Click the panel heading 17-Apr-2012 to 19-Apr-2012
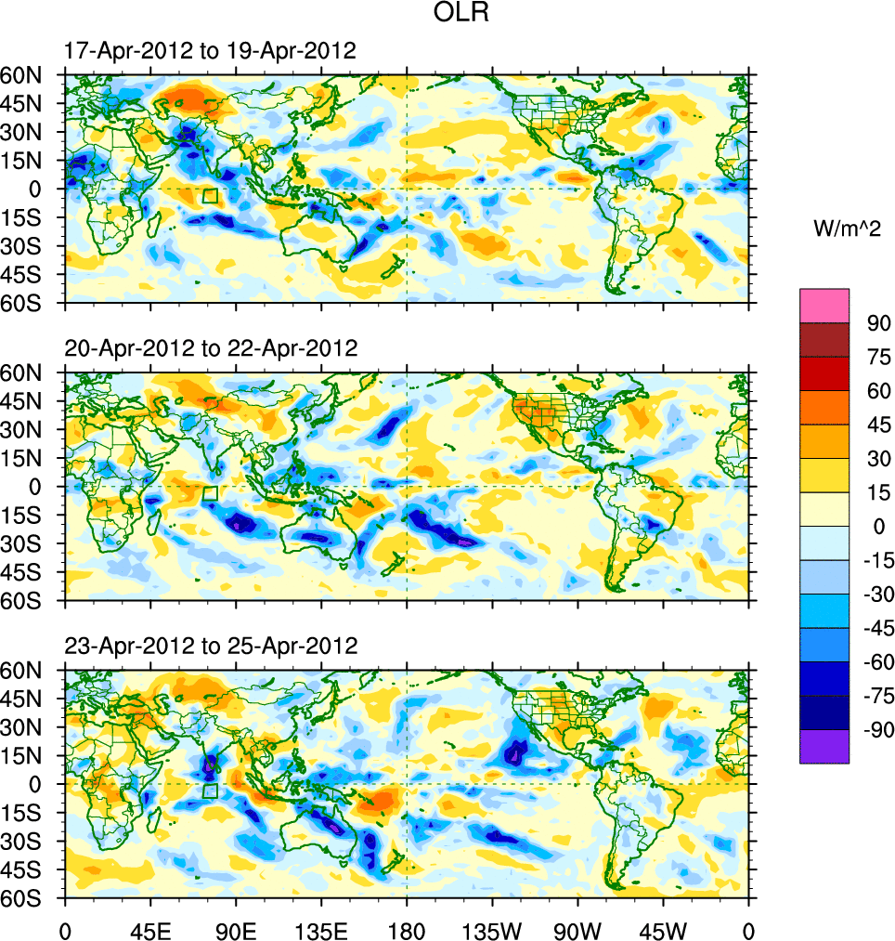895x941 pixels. (210, 51)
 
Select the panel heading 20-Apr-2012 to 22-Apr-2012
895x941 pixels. (211, 348)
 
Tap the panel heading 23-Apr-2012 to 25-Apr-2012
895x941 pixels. (211, 646)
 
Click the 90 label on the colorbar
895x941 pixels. (879, 323)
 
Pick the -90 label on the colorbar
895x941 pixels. (876, 729)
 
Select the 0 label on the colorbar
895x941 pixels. (879, 526)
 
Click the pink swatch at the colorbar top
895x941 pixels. (824, 306)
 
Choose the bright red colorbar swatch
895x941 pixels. (824, 373)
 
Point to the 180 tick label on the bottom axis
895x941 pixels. (407, 929)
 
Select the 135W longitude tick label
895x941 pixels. (492, 929)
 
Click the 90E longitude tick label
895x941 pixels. (236, 929)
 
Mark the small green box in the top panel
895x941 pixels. (210, 196)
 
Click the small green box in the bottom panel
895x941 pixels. (210, 791)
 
